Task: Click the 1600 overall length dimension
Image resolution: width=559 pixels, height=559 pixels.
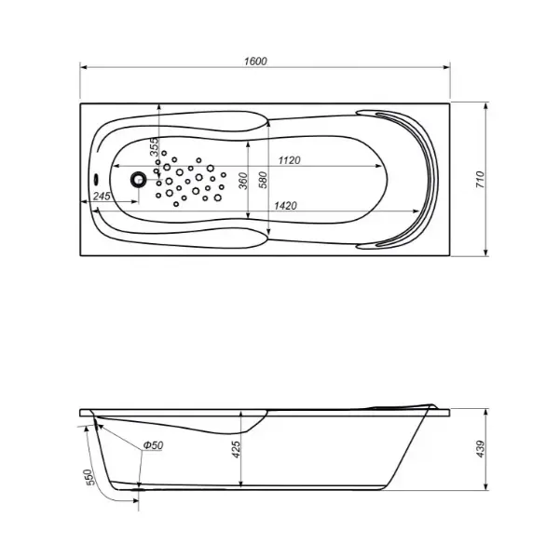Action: click(255, 61)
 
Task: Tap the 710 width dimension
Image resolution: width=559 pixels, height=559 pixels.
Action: click(481, 180)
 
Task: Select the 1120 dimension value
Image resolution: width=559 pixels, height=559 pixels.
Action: click(289, 160)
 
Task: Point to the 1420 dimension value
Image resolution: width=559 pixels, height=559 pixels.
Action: click(285, 206)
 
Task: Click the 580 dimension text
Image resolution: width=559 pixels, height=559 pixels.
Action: click(263, 180)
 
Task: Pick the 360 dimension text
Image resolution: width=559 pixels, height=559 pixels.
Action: click(243, 181)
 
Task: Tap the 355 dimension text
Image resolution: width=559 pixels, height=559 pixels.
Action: click(154, 147)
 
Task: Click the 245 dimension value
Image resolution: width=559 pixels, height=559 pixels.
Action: click(102, 196)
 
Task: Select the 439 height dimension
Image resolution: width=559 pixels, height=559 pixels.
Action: click(481, 449)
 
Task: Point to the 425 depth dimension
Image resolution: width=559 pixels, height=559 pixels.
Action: click(236, 450)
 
